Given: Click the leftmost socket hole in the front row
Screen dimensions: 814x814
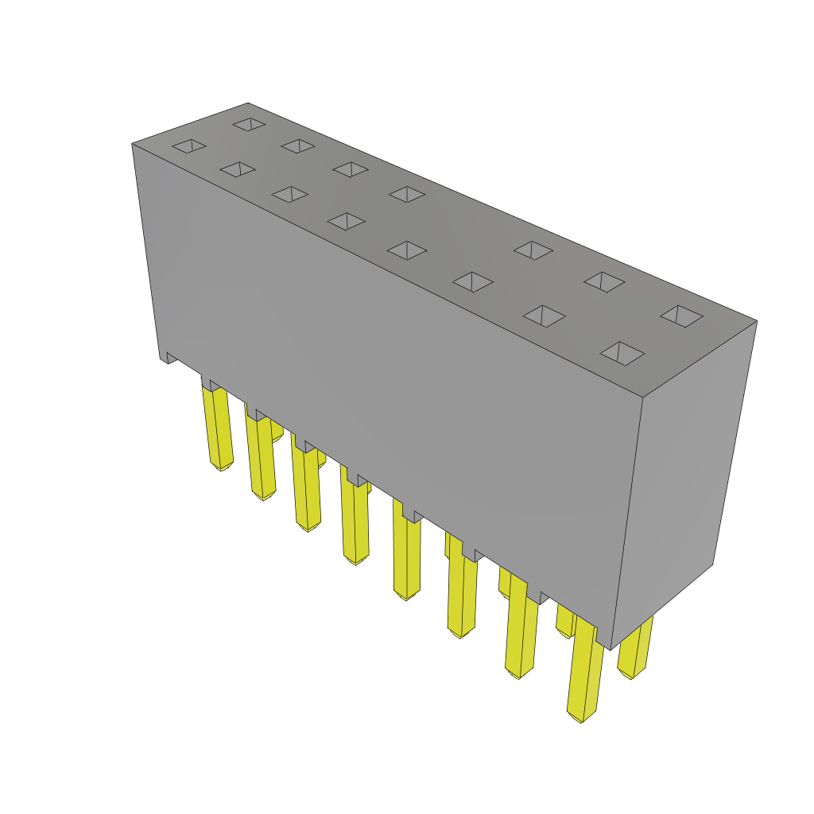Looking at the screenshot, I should pyautogui.click(x=189, y=145).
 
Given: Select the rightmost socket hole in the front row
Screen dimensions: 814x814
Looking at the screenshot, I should pyautogui.click(x=622, y=353).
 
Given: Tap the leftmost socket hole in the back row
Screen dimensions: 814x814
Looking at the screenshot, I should pyautogui.click(x=249, y=124).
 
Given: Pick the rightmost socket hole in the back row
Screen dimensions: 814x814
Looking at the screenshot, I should pyautogui.click(x=681, y=316).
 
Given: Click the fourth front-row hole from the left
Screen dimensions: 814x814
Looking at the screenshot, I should pyautogui.click(x=346, y=221).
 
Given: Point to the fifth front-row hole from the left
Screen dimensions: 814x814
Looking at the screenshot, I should pyautogui.click(x=407, y=250).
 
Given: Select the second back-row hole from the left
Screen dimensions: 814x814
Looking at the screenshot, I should pyautogui.click(x=298, y=145).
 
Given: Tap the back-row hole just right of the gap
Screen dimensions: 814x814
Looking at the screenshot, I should pyautogui.click(x=533, y=250).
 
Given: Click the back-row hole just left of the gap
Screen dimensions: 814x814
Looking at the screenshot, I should pyautogui.click(x=407, y=194).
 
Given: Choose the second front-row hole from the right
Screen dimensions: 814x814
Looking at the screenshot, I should pyautogui.click(x=544, y=316).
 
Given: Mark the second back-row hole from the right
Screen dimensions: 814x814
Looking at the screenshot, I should pyautogui.click(x=604, y=281).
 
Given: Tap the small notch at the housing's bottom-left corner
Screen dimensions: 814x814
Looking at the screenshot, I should pyautogui.click(x=169, y=359).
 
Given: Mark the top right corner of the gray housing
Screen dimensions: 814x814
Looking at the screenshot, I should pyautogui.click(x=756, y=322).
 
